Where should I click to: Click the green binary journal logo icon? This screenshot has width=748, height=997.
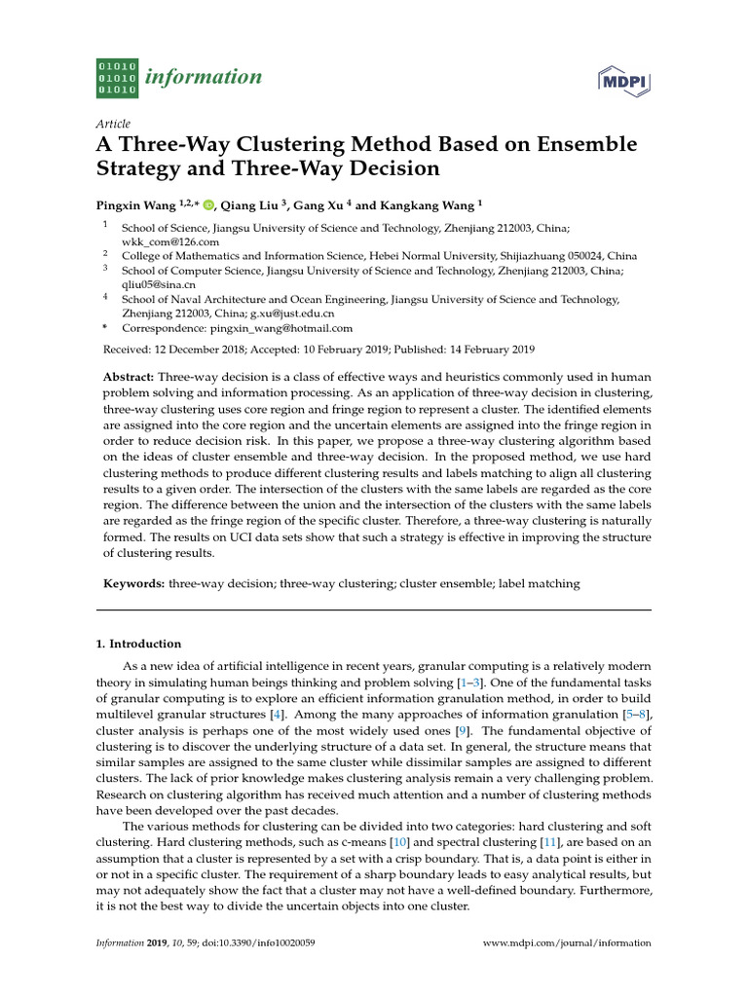pyautogui.click(x=118, y=77)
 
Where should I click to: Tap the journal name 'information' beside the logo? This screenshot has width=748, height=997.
pyautogui.click(x=203, y=77)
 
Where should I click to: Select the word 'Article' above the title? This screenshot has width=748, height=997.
pyautogui.click(x=113, y=124)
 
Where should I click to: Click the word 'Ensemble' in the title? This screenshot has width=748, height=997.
pyautogui.click(x=582, y=145)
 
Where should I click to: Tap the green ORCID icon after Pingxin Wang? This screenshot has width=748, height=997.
pyautogui.click(x=207, y=204)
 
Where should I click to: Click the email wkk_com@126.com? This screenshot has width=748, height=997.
pyautogui.click(x=170, y=240)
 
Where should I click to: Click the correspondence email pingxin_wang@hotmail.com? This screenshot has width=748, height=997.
pyautogui.click(x=281, y=328)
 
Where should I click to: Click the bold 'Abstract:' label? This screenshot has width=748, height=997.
pyautogui.click(x=129, y=377)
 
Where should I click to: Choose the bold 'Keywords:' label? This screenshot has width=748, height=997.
pyautogui.click(x=134, y=583)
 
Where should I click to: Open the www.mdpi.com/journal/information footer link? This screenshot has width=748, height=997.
pyautogui.click(x=567, y=943)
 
